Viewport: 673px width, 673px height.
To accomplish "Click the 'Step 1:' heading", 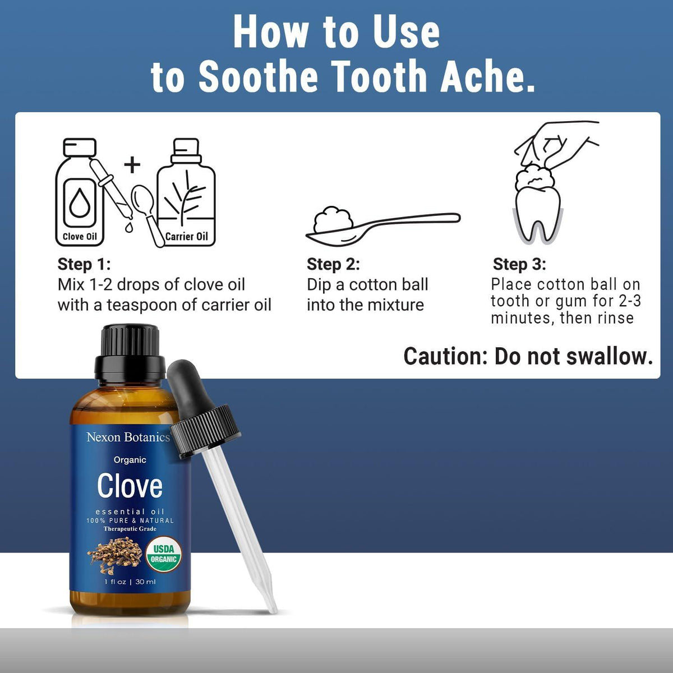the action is click(84, 264).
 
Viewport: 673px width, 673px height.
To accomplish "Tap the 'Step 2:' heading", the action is click(333, 264).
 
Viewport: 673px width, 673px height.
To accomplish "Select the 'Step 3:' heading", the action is click(519, 264).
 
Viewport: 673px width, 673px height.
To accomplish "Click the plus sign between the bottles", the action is click(132, 164).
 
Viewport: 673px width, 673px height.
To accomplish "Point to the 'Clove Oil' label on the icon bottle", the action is click(80, 237).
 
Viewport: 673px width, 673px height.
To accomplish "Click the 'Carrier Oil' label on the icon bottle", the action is click(187, 237).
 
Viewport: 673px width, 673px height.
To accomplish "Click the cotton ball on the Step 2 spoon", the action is click(333, 220).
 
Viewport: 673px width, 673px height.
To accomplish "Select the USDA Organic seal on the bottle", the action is click(163, 554).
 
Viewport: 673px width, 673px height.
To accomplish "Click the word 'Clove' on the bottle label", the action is click(130, 486).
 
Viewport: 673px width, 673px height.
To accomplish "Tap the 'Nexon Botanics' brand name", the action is click(128, 437).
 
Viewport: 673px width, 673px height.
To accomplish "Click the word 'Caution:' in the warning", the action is click(445, 357).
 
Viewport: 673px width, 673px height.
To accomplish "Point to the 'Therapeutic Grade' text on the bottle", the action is click(130, 529).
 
